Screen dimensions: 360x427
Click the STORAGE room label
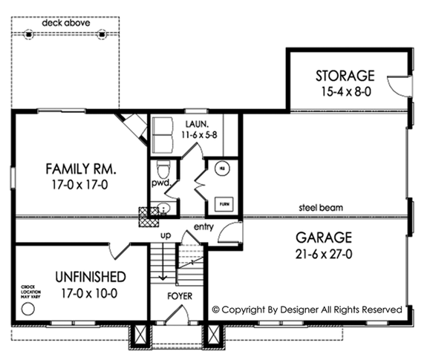click(345, 76)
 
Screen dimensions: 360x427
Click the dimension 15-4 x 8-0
click(345, 91)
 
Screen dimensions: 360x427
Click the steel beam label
click(321, 208)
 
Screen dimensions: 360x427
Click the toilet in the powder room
click(164, 167)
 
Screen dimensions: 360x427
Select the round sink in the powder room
click(163, 209)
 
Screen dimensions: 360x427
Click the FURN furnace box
click(221, 203)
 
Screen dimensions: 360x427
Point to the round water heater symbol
click(221, 168)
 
